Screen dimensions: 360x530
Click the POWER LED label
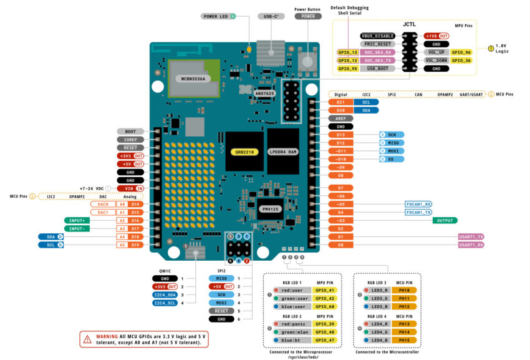tap(215, 17)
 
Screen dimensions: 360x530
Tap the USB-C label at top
tap(271, 17)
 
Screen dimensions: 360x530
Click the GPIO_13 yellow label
tap(347, 52)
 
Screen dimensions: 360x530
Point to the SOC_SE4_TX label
tap(378, 61)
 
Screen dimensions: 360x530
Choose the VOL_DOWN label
tap(436, 61)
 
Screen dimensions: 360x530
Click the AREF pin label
tap(340, 118)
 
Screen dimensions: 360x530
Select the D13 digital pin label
tap(340, 135)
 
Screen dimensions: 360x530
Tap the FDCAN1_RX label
tap(418, 204)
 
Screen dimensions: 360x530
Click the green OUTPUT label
tap(445, 220)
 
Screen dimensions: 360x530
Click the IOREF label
tap(130, 140)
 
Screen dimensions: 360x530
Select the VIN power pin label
tap(130, 188)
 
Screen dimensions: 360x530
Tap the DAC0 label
tap(103, 204)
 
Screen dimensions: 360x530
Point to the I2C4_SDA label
tap(165, 294)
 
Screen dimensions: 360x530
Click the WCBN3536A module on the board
tap(193, 79)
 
